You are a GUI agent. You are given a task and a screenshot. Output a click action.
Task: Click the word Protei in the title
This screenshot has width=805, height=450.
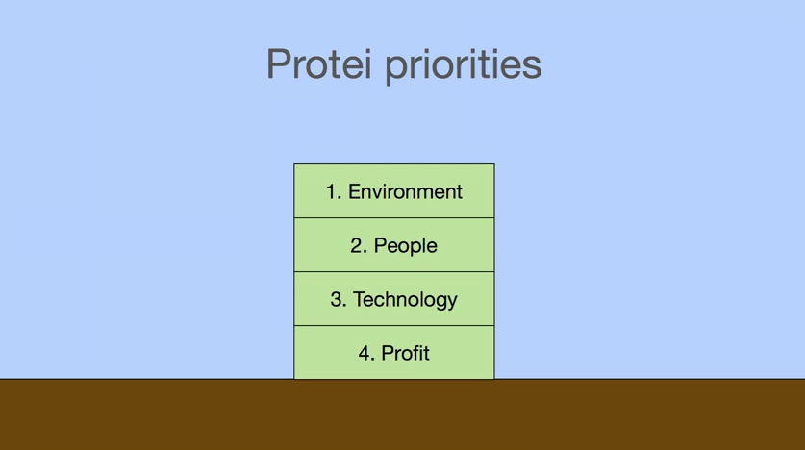[318, 63]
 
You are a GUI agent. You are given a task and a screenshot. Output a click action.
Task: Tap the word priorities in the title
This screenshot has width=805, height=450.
[463, 66]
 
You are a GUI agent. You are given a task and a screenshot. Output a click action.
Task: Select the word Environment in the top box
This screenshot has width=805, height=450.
[405, 191]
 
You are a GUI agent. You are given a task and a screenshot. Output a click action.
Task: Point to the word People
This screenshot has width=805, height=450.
[405, 246]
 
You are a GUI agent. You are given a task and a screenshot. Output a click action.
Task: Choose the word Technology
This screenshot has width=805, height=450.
[405, 300]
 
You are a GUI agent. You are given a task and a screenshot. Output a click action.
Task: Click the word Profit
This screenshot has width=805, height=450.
[405, 353]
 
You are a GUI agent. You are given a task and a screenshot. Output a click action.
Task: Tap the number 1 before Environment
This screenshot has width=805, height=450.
[332, 192]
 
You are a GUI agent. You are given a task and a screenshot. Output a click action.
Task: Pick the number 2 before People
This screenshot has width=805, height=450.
[357, 246]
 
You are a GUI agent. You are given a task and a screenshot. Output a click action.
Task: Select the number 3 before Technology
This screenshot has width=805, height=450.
[337, 300]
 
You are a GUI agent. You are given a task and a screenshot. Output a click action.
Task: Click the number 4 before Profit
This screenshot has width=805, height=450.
[365, 354]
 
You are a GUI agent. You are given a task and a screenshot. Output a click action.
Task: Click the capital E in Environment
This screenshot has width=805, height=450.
[355, 192]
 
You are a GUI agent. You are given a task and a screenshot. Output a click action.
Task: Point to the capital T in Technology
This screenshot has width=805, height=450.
[360, 299]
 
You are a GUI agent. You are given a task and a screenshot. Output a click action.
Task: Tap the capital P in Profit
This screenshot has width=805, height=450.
[388, 354]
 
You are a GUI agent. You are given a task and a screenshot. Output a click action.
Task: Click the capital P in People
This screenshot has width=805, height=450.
[381, 246]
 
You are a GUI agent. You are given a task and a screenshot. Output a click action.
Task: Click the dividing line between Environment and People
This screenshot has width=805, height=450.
[394, 218]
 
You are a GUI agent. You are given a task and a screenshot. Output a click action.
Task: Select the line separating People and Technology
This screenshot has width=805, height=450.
[394, 272]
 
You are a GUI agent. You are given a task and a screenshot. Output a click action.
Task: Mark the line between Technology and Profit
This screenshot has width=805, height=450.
[394, 326]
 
